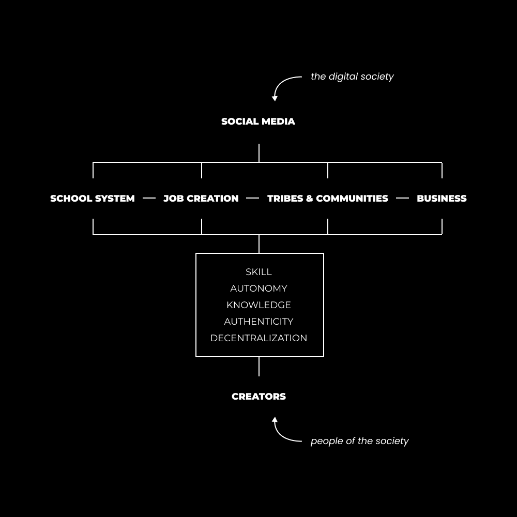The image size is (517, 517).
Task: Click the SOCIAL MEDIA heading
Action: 258,121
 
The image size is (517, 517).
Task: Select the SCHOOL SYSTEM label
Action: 93,199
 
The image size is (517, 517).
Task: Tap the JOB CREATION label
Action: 201,199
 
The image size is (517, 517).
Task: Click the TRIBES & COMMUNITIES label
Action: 328,199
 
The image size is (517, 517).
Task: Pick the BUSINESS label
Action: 442,199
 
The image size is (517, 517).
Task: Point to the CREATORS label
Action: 259,397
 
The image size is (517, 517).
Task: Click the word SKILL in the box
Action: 259,272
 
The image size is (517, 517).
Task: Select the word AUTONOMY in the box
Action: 259,288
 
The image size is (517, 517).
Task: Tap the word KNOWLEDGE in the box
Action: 259,305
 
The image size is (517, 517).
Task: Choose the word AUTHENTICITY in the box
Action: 259,322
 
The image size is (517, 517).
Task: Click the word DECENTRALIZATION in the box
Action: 259,338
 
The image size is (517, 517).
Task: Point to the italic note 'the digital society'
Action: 352,77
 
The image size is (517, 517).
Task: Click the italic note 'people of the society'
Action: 360,441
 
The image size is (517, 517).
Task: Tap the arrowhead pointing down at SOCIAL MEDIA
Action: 275,98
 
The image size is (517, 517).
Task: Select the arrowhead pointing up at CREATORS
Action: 275,420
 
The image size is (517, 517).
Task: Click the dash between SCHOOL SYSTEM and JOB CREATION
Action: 149,198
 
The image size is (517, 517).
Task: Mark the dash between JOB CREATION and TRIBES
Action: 253,198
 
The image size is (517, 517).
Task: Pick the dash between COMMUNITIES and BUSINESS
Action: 402,198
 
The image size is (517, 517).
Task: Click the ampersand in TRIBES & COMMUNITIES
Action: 309,199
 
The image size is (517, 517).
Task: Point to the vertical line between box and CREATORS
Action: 259,367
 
